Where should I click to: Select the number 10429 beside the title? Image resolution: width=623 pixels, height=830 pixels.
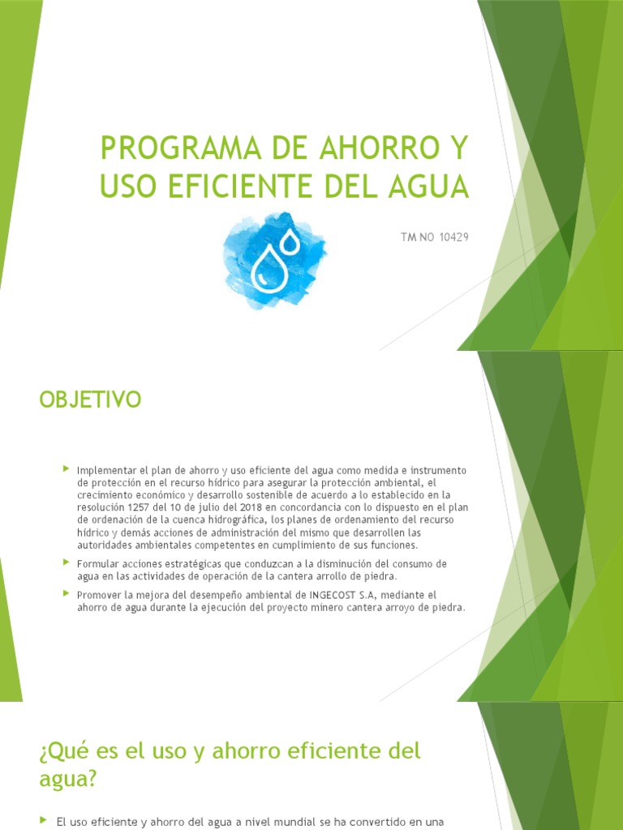[453, 237]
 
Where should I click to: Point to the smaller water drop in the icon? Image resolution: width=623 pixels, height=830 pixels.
[289, 241]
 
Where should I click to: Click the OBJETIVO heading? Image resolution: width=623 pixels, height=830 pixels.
[90, 400]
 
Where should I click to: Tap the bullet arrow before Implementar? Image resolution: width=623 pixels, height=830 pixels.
[67, 469]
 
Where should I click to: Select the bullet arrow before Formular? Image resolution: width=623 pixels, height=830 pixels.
[67, 562]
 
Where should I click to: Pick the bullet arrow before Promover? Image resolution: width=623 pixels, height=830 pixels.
[67, 593]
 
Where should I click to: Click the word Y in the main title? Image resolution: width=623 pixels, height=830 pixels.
[458, 150]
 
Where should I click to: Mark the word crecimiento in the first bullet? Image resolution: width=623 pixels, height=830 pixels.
[104, 495]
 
